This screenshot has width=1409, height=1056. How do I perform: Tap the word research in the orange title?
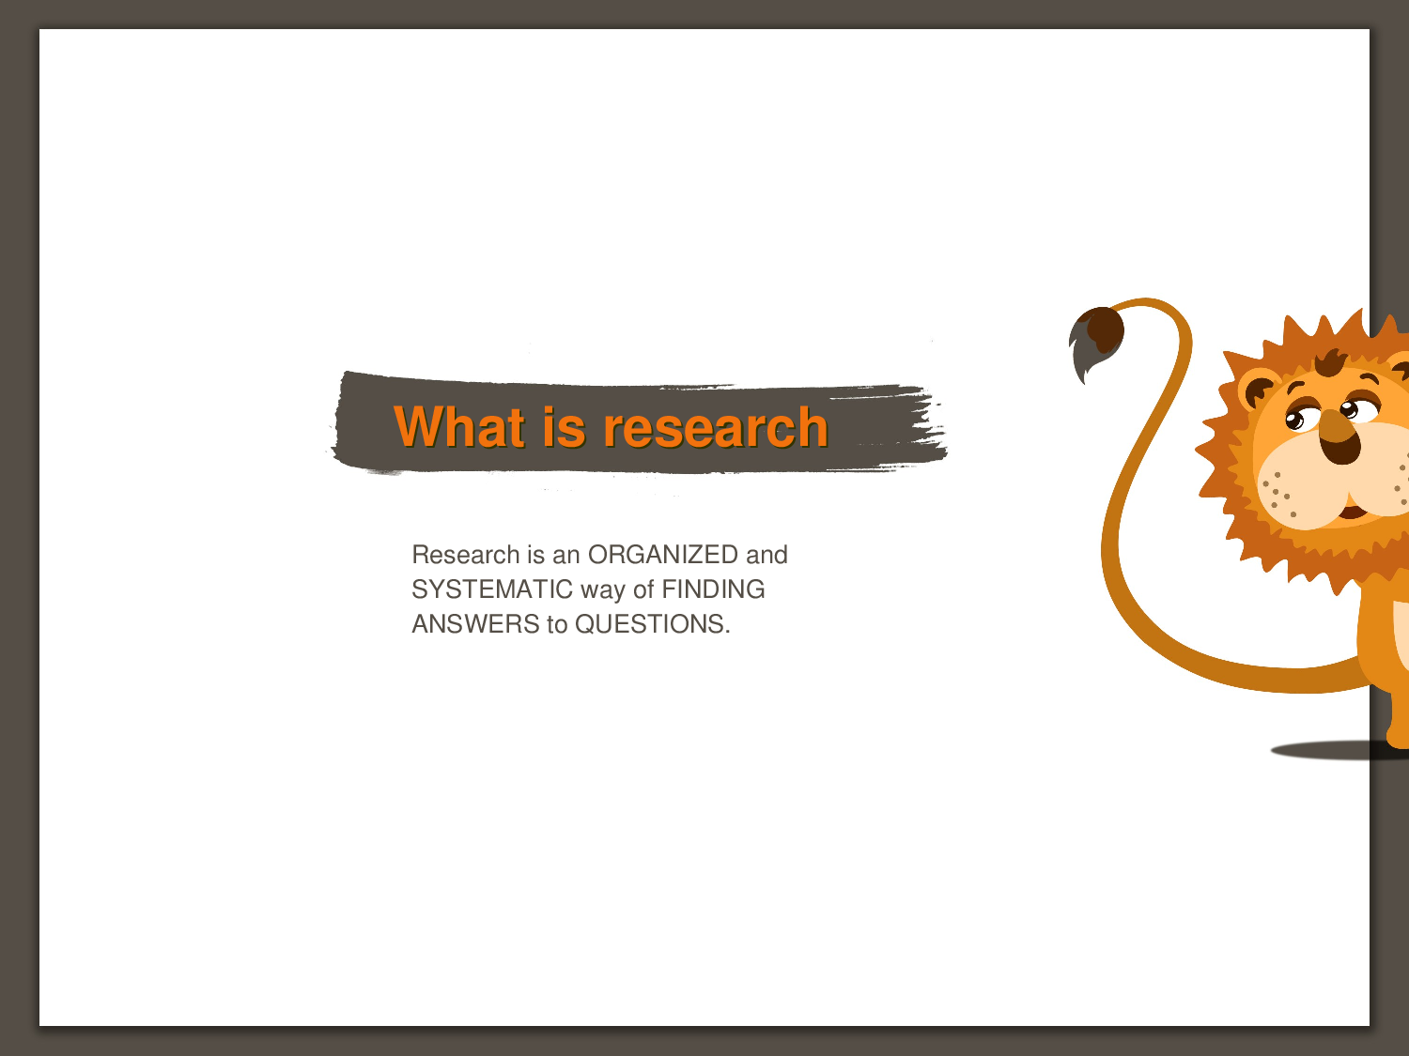click(x=715, y=428)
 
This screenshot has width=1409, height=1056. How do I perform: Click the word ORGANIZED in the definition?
click(x=662, y=555)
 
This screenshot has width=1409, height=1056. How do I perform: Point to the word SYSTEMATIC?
click(x=491, y=589)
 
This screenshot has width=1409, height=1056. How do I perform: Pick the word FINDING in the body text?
click(x=713, y=589)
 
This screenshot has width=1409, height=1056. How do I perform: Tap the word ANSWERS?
click(x=475, y=624)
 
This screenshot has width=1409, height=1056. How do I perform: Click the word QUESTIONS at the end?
click(x=652, y=624)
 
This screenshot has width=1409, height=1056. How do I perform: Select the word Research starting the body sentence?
click(x=465, y=555)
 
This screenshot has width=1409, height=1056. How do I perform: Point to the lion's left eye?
click(x=1294, y=421)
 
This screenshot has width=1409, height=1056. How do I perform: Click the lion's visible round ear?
click(x=1257, y=389)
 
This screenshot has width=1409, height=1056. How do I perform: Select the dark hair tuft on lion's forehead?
click(x=1331, y=363)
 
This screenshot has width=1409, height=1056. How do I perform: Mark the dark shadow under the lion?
click(x=1339, y=750)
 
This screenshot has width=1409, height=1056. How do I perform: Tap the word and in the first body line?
click(x=766, y=555)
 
